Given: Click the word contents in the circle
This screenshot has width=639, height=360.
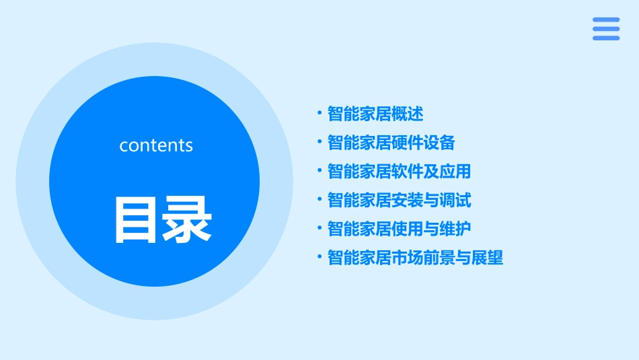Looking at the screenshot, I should point(156,145).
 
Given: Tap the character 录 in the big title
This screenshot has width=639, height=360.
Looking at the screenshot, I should point(186,219).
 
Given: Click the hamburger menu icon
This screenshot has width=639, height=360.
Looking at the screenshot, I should point(605,29).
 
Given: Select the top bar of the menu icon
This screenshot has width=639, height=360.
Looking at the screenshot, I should point(605,20).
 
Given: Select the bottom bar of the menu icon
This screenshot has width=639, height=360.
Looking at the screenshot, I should point(605,38).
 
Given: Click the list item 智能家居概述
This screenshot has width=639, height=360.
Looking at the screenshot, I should point(375,114).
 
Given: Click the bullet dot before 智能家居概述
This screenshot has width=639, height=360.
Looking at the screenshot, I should point(320,113).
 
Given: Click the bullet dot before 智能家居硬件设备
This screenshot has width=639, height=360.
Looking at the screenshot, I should point(320,142).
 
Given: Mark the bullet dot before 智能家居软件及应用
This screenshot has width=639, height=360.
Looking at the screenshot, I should point(320,171).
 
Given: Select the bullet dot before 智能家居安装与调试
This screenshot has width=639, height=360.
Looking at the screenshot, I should point(320,200).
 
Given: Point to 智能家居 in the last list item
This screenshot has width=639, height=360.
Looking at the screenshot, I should point(359,258).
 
